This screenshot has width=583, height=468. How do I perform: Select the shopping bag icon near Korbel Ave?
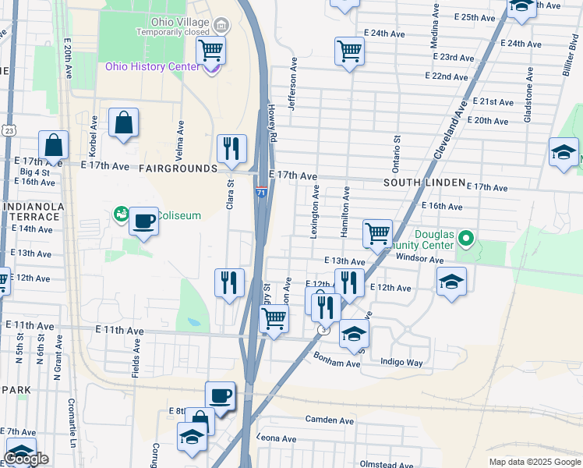124,123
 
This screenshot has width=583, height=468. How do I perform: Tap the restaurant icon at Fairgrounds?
231,149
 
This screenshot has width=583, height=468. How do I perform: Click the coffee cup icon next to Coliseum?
143,222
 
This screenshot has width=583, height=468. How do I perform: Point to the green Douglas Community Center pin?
466,237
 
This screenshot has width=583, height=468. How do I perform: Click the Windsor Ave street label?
419,258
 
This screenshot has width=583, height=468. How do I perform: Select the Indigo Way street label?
401,363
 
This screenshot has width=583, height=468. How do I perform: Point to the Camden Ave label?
330,420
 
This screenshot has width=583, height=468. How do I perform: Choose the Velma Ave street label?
181,136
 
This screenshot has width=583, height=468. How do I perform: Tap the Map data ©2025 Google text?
534,462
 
